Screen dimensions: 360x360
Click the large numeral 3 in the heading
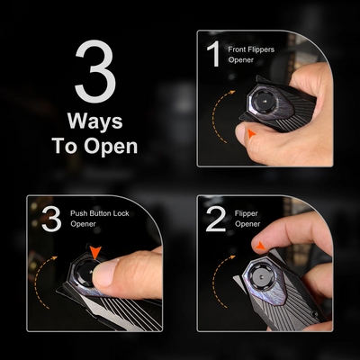tap(95, 71)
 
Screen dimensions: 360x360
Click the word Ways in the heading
tap(95, 121)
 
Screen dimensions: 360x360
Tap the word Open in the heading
tap(111, 146)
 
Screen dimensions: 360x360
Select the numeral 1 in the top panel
tap(214, 53)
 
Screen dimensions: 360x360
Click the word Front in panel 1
tap(238, 49)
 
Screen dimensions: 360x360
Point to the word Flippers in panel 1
tap(261, 49)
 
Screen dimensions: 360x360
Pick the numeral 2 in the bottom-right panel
tap(216, 219)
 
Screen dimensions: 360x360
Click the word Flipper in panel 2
tap(247, 214)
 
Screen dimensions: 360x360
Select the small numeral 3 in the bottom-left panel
tap(51, 219)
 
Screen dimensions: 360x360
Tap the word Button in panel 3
tap(102, 213)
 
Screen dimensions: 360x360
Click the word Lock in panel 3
tap(122, 213)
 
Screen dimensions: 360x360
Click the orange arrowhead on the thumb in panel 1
tap(251, 133)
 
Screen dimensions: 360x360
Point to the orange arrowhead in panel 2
tap(261, 246)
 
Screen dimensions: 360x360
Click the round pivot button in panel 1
tap(262, 101)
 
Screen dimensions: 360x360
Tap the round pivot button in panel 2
tap(262, 277)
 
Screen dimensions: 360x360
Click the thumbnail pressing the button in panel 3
tap(102, 272)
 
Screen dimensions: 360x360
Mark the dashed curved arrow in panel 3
tap(37, 281)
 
